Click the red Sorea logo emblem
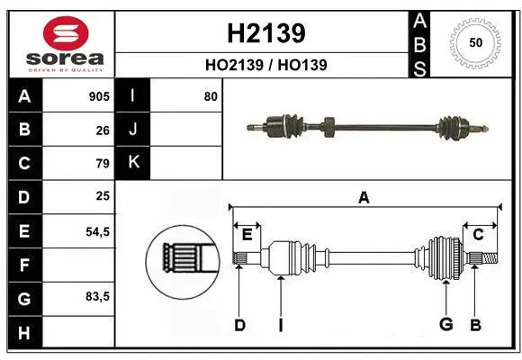point(59,33)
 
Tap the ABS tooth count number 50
point(475,43)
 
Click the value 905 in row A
point(99,96)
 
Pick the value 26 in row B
point(103,130)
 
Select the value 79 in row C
point(103,163)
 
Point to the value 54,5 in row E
point(97,230)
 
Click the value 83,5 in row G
point(97,297)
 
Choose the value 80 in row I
point(211,96)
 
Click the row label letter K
point(133,163)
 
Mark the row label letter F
point(23,265)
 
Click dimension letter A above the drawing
point(364,197)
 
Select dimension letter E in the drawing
point(247,235)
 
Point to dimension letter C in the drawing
point(478,235)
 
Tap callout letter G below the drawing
point(445,324)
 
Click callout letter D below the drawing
point(239,325)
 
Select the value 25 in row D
point(103,196)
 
